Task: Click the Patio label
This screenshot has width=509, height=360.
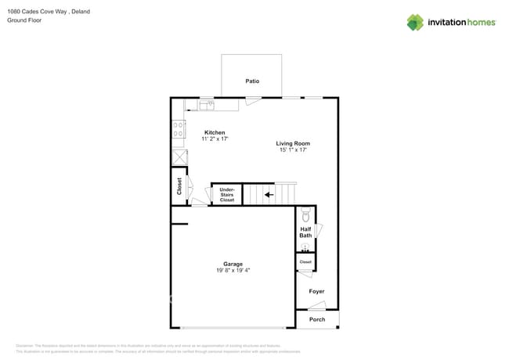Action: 252,81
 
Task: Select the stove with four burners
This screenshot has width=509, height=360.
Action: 179,128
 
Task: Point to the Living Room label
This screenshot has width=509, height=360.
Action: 293,143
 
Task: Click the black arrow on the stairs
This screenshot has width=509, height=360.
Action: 269,194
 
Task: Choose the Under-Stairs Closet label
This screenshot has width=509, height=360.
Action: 226,194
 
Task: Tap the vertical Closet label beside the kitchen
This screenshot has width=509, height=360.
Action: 179,186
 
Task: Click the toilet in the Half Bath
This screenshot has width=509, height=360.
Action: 306,214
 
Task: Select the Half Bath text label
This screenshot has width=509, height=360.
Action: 305,232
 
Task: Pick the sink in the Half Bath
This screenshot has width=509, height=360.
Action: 305,247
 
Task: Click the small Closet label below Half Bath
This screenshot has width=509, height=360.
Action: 305,261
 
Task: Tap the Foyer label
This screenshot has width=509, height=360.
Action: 316,291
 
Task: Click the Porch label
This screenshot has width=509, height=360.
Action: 317,319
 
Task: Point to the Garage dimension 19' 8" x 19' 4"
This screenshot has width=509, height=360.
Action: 233,271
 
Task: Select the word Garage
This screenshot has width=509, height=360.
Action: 233,264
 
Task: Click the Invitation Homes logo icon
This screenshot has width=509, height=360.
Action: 415,22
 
